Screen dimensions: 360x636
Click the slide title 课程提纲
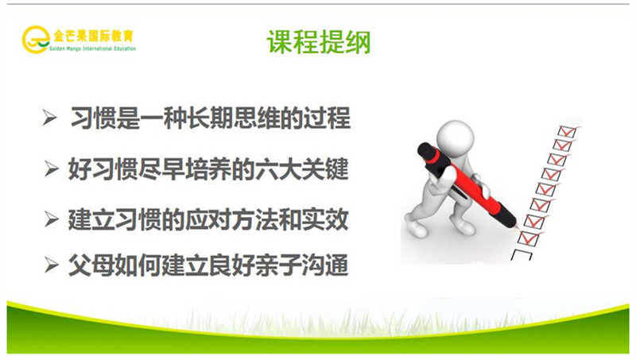click(x=317, y=41)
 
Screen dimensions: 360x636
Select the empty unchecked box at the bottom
click(x=525, y=254)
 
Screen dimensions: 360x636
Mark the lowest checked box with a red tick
click(x=529, y=237)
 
